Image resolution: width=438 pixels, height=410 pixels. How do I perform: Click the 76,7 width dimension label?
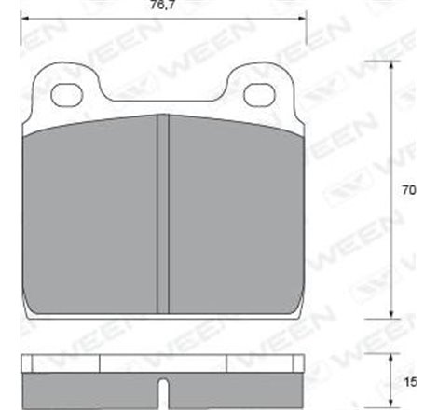164,7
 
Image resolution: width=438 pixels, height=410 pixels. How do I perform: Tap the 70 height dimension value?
407,190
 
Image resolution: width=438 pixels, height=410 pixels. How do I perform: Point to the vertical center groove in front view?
163,214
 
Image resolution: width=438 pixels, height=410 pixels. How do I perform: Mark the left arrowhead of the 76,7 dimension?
25,20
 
